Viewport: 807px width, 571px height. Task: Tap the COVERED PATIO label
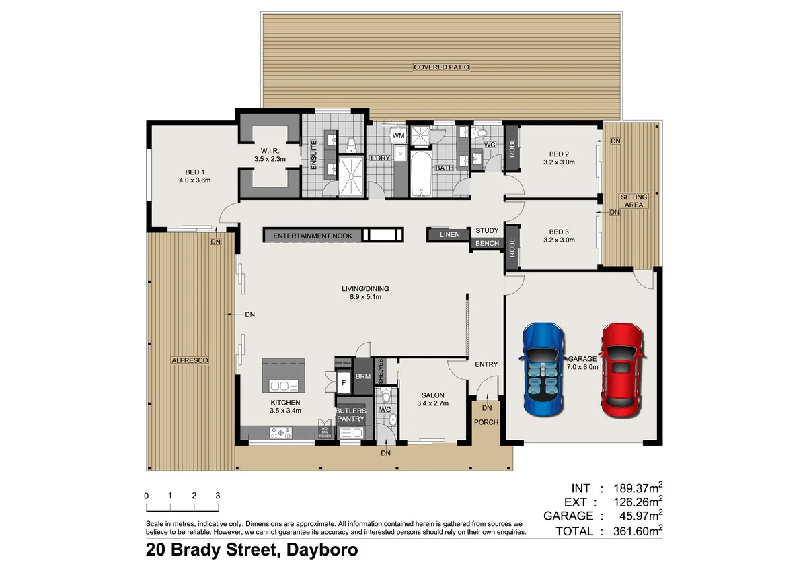tap(441, 67)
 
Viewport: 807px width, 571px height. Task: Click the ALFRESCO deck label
tap(190, 361)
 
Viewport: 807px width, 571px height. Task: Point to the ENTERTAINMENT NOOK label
tap(311, 236)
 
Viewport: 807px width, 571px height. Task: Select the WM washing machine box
tap(398, 136)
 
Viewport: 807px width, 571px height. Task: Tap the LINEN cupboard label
tap(449, 235)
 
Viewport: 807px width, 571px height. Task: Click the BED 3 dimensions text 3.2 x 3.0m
tap(559, 240)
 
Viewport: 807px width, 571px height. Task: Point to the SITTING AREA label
tap(633, 201)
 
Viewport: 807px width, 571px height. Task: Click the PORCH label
tap(486, 423)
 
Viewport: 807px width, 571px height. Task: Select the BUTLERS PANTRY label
tap(351, 415)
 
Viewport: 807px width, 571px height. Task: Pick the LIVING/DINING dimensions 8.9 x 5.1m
tap(364, 297)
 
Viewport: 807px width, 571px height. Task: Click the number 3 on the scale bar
tap(217, 496)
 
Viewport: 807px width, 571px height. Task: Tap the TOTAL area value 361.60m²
tap(635, 531)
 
